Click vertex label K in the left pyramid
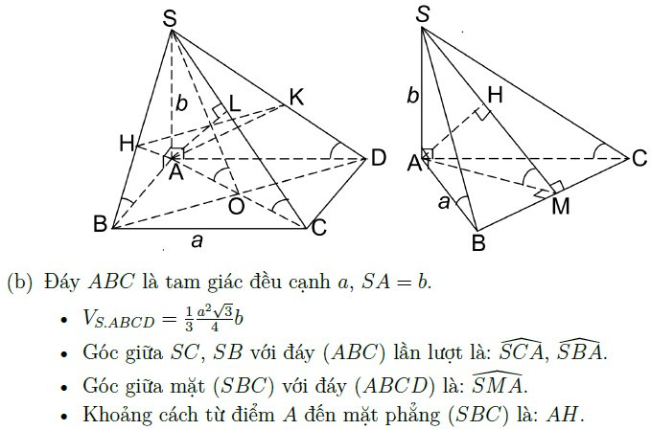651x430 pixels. tap(297, 98)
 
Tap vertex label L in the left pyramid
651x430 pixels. tap(235, 104)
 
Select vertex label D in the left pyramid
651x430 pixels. tap(378, 158)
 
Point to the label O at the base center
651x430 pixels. tap(236, 206)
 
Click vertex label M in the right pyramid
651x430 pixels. tap(561, 206)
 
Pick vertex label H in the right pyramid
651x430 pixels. tap(496, 95)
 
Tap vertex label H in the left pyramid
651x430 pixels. tap(128, 144)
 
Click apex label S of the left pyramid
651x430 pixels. tap(170, 19)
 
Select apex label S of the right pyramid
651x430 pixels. tap(422, 14)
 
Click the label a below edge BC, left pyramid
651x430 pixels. tap(198, 240)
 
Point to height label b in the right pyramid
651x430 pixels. tap(412, 96)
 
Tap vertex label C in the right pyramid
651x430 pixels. tap(639, 158)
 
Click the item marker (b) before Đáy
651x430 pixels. tap(19, 282)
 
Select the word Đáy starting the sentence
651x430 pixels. tap(62, 282)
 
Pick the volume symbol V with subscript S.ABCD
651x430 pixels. tap(118, 319)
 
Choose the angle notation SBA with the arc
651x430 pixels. tap(579, 351)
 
